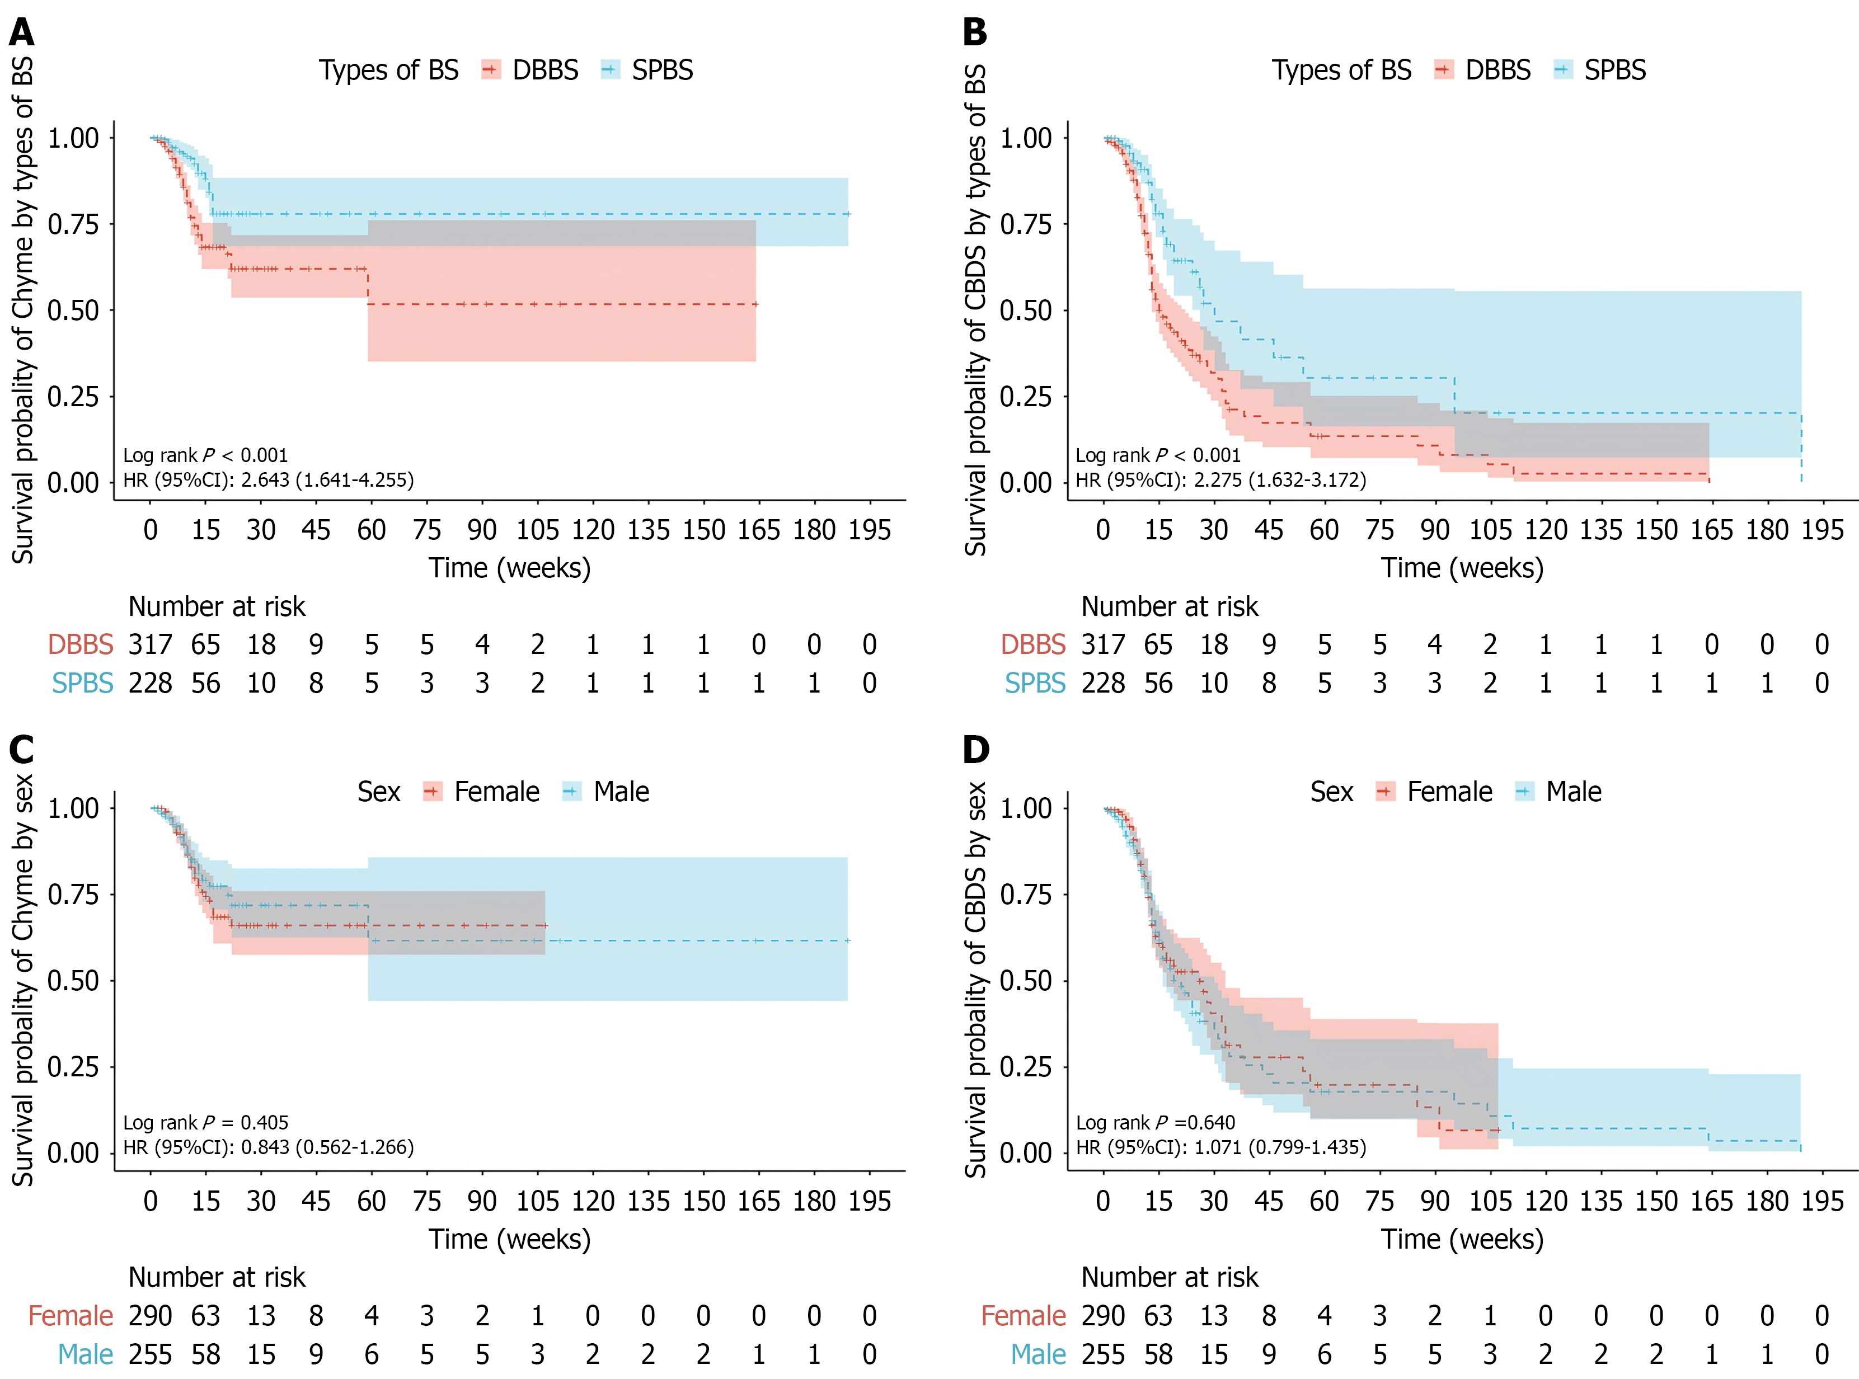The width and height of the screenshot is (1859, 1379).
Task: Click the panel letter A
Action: point(22,32)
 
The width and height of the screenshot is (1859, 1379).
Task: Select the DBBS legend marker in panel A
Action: point(491,70)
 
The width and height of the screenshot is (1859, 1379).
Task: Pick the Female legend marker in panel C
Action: point(433,792)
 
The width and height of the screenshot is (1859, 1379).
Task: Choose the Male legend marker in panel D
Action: point(1524,792)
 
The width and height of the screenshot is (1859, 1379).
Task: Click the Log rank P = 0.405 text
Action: point(205,1123)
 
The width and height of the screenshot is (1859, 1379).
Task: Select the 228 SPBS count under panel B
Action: point(1103,683)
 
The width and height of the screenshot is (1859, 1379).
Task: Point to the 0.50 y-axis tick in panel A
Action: point(73,310)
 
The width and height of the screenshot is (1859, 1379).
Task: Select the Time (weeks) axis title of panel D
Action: point(1462,1239)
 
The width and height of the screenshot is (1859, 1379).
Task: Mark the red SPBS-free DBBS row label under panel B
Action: point(1032,644)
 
